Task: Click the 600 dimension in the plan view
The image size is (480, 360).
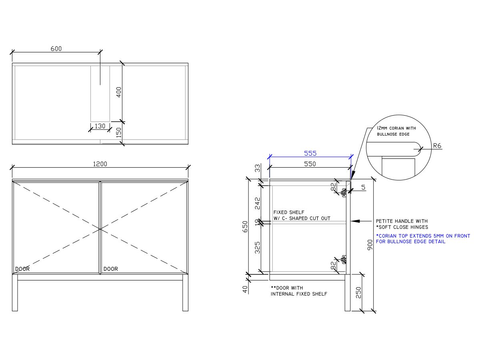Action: click(x=56, y=49)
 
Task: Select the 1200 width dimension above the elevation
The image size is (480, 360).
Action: click(x=100, y=164)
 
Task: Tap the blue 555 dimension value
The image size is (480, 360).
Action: click(x=310, y=154)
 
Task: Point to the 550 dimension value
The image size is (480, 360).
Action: click(x=310, y=164)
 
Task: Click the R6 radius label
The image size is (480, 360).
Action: click(x=437, y=146)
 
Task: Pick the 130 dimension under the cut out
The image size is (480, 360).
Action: click(x=100, y=126)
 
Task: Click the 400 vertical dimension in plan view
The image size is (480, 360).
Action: click(x=118, y=92)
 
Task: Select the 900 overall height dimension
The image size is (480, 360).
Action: click(x=370, y=245)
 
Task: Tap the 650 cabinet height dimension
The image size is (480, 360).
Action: click(x=245, y=227)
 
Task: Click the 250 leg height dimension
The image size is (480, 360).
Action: click(x=358, y=293)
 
